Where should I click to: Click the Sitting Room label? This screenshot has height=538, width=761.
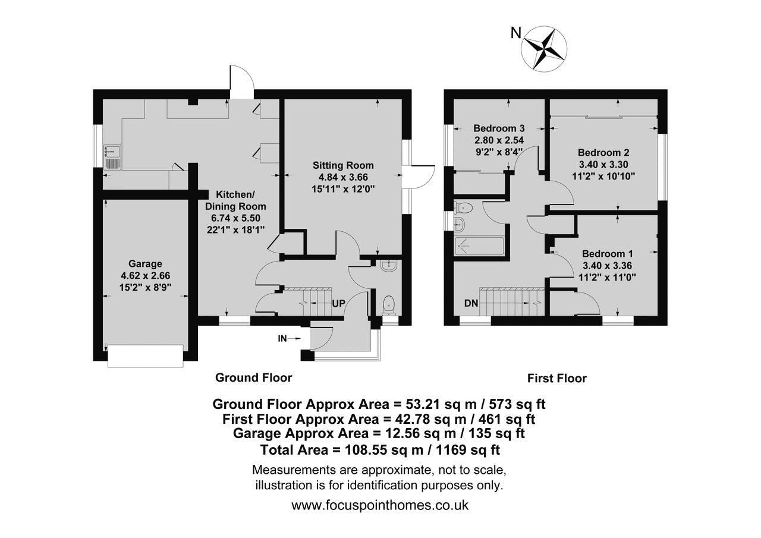(343, 166)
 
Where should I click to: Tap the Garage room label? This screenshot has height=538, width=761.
(145, 263)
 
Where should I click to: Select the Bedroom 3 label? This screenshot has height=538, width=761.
(499, 128)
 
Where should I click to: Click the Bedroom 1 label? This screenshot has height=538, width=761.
(608, 254)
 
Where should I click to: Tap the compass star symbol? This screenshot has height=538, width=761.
(544, 49)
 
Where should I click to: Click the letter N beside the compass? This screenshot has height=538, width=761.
(515, 33)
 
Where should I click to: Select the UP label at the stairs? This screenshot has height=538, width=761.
(338, 303)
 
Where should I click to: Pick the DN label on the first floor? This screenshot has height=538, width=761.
(471, 303)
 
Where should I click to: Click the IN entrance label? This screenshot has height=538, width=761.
(282, 339)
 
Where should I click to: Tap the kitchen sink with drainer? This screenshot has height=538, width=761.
(113, 158)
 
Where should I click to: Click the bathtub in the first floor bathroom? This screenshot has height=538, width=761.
(480, 246)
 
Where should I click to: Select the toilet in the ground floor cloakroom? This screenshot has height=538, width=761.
(389, 306)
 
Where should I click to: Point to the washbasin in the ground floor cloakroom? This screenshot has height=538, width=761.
(388, 266)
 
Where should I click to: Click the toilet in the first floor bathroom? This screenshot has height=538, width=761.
(463, 207)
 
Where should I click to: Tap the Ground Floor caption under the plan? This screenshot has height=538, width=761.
(254, 377)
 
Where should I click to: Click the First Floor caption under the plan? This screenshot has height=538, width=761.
(557, 378)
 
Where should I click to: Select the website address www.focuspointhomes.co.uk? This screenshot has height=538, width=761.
(380, 505)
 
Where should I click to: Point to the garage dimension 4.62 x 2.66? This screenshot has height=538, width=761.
(146, 275)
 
